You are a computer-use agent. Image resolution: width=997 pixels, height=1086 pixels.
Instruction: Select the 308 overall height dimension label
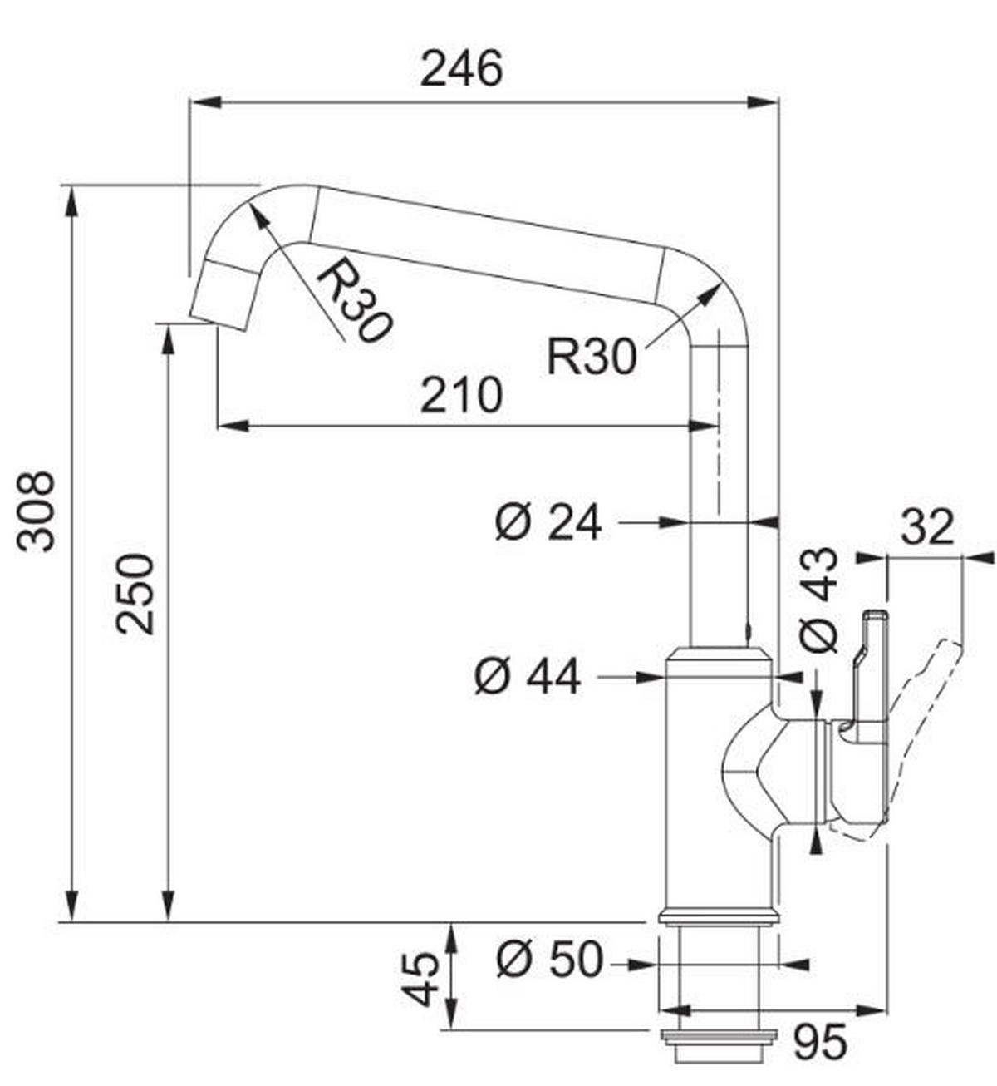click(x=37, y=511)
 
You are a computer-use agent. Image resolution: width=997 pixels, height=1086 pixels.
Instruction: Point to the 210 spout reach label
click(x=461, y=395)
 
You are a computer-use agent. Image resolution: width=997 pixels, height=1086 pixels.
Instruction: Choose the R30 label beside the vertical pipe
click(x=591, y=356)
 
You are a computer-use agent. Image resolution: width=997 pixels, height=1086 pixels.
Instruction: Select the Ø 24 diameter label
click(x=548, y=523)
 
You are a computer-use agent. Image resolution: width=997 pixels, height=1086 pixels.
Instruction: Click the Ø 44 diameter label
click(x=528, y=677)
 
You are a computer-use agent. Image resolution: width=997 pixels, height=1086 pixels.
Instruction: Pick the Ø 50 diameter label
click(x=548, y=960)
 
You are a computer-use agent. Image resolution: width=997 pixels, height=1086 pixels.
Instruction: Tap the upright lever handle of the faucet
click(x=864, y=665)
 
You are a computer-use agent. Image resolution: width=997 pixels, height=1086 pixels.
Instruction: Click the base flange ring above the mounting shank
click(x=718, y=917)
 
